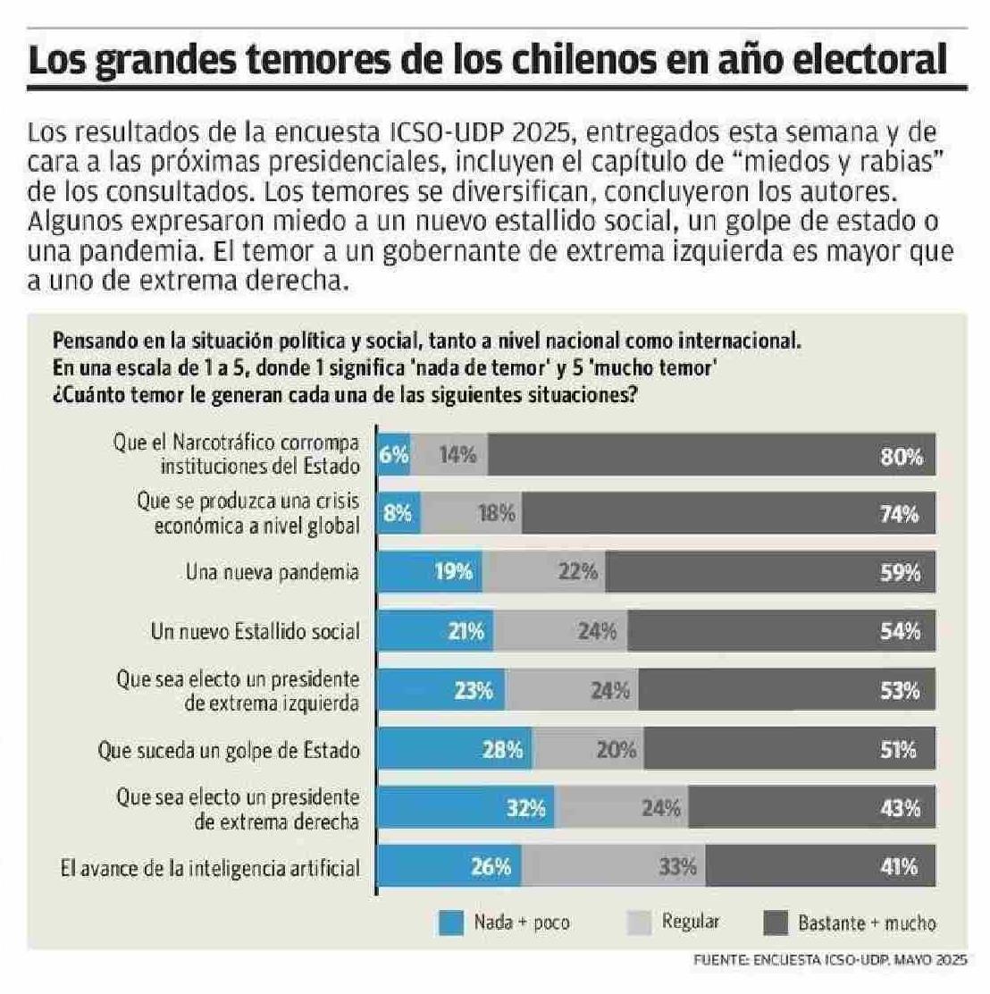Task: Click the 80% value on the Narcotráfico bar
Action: click(901, 457)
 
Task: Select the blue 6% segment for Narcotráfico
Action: click(394, 455)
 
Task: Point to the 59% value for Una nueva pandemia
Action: click(900, 572)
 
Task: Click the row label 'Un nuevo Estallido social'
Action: click(255, 631)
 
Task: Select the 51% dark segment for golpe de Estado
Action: click(790, 749)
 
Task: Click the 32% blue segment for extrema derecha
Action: click(465, 808)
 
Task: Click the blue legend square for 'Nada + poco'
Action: click(452, 922)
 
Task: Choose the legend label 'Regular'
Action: click(690, 922)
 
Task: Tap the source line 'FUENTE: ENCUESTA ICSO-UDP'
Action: click(830, 961)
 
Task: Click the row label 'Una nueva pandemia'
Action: click(272, 572)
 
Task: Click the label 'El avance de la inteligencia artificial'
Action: click(210, 867)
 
